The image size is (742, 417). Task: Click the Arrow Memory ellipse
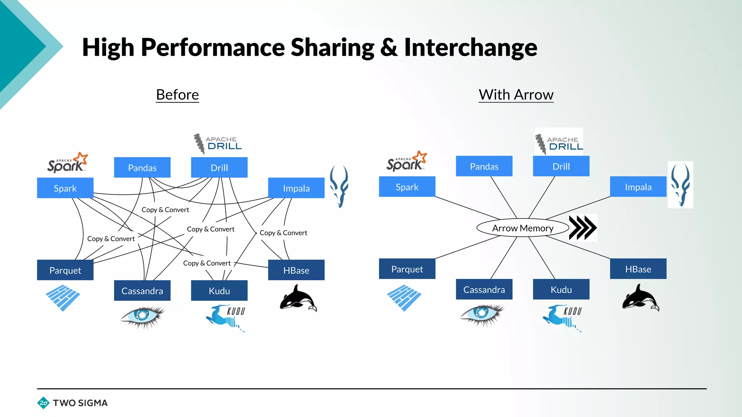[x=522, y=228]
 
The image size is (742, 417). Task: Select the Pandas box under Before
[x=142, y=168]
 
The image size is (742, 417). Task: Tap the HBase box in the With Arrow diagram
[x=638, y=269]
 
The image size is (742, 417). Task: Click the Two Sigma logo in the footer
[x=72, y=403]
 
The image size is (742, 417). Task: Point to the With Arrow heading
[x=516, y=95]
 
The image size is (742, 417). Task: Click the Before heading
[x=177, y=95]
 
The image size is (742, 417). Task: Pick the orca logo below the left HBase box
[x=298, y=299]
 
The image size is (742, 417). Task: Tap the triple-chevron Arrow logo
[x=582, y=228]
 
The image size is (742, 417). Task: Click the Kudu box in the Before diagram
[x=219, y=291]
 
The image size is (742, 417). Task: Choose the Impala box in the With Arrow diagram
[x=638, y=187]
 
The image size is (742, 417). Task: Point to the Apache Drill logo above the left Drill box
[x=217, y=144]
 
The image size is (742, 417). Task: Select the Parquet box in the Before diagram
[x=65, y=270]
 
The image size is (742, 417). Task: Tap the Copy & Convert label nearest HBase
[x=283, y=233]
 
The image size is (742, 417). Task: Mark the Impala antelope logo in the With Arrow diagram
[x=680, y=185]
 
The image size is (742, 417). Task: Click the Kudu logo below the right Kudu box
[x=562, y=317]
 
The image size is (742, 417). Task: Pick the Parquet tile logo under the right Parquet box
[x=404, y=298]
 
